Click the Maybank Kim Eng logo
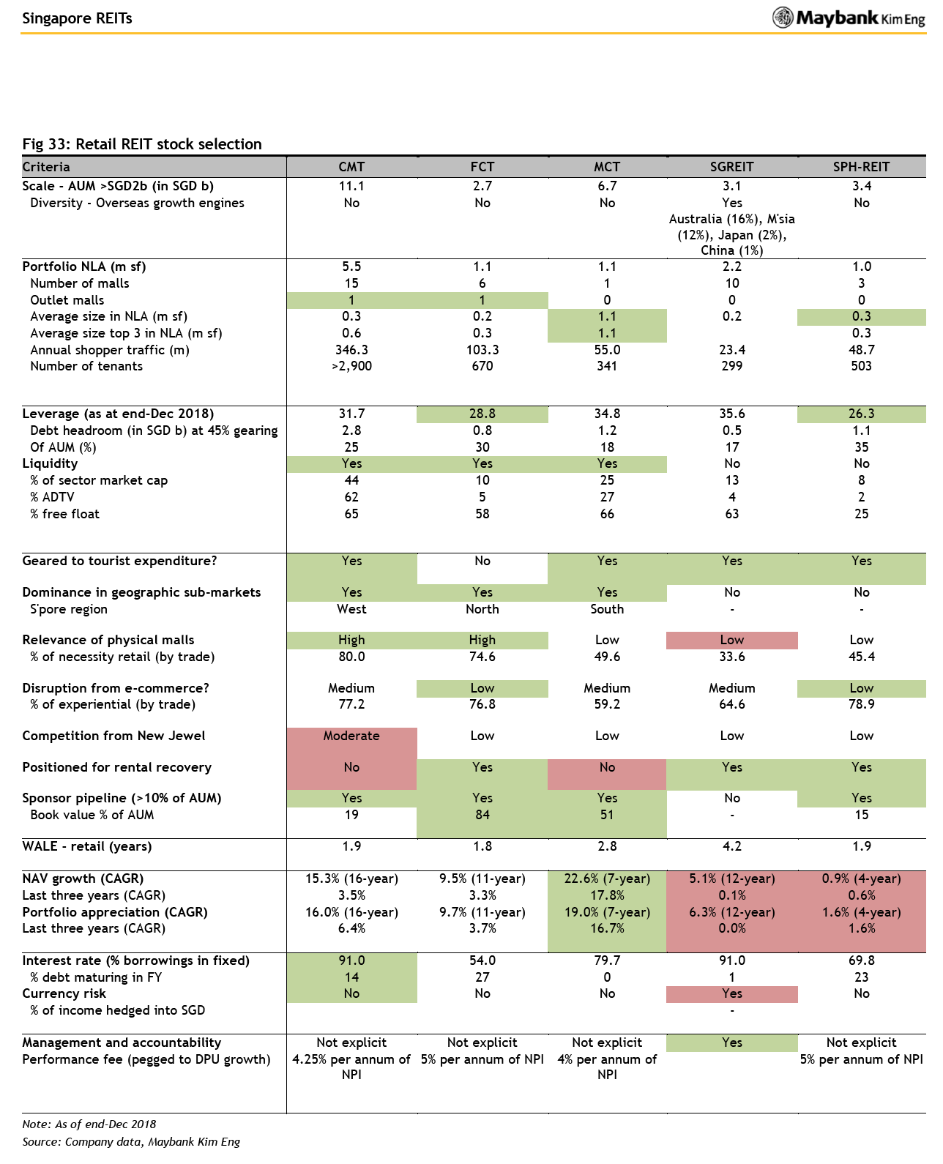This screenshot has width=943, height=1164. (848, 18)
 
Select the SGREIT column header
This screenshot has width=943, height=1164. (731, 167)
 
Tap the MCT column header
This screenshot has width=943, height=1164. (607, 167)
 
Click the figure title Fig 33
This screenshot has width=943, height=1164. (142, 143)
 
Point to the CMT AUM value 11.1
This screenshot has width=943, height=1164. (351, 186)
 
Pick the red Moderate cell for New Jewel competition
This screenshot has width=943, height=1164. (351, 736)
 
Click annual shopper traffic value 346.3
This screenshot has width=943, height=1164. (351, 350)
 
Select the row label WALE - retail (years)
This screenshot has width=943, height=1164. (87, 846)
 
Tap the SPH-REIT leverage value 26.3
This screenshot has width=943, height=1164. (861, 414)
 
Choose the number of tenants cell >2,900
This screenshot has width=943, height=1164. (351, 366)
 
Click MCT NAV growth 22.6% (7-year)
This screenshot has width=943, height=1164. (607, 878)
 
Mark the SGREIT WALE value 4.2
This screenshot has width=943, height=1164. (731, 846)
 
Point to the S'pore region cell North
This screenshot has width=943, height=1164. (482, 609)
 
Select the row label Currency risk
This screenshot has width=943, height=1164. (64, 993)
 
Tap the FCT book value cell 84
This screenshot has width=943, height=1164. (482, 814)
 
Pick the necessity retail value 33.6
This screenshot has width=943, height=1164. (731, 657)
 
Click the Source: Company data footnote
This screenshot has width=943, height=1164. (131, 1141)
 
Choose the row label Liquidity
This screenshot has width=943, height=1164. (50, 463)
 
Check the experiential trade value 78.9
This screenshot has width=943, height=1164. (861, 704)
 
